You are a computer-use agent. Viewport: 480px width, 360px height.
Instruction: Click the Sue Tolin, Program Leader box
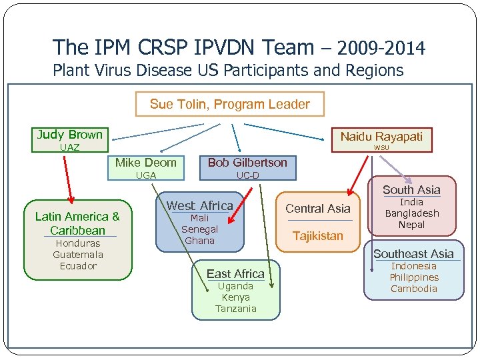pyautogui.click(x=229, y=104)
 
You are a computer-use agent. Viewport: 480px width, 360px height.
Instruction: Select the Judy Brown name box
pyautogui.click(x=70, y=135)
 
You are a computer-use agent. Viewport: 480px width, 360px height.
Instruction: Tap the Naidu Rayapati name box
pyautogui.click(x=381, y=136)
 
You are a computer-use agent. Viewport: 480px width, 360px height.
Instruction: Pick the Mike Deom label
pyautogui.click(x=146, y=163)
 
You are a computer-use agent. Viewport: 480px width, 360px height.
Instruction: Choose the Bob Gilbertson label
pyautogui.click(x=247, y=163)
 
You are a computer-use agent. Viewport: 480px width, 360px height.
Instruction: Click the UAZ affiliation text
pyautogui.click(x=69, y=147)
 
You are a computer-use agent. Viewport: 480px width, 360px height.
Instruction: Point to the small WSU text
pyautogui.click(x=381, y=147)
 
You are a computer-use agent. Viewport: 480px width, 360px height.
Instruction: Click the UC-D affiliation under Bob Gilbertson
pyautogui.click(x=247, y=175)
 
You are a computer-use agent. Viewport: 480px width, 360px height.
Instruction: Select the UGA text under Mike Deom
pyautogui.click(x=146, y=175)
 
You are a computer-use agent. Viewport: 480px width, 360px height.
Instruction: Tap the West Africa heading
pyautogui.click(x=199, y=206)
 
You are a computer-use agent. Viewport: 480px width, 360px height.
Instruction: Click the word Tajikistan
pyautogui.click(x=318, y=236)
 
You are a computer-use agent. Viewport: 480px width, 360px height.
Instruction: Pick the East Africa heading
pyautogui.click(x=235, y=274)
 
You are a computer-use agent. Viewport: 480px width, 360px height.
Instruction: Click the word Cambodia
pyautogui.click(x=414, y=289)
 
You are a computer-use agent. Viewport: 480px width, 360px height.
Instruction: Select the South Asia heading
pyautogui.click(x=411, y=190)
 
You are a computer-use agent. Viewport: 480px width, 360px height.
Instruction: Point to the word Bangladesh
pyautogui.click(x=412, y=213)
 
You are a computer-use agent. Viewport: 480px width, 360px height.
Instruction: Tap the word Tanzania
pyautogui.click(x=235, y=309)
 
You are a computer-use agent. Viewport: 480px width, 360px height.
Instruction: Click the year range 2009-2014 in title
pyautogui.click(x=381, y=48)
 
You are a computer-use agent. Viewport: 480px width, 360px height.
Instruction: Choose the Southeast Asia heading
pyautogui.click(x=413, y=254)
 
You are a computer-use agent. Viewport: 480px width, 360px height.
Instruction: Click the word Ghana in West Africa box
pyautogui.click(x=199, y=241)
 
